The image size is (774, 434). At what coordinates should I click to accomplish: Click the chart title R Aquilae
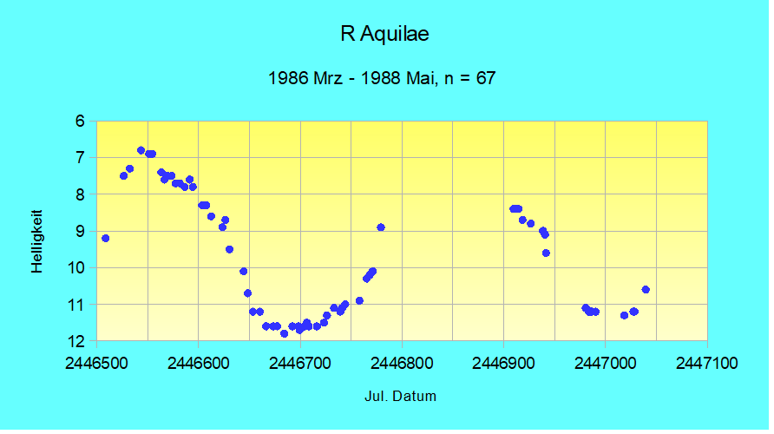(x=385, y=35)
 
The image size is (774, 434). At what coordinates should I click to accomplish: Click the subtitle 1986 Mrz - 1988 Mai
(x=382, y=77)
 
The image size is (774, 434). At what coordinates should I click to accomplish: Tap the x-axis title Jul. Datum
(x=400, y=397)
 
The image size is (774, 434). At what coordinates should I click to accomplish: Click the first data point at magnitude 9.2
(x=105, y=238)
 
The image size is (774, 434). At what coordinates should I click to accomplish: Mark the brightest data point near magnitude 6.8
(x=141, y=150)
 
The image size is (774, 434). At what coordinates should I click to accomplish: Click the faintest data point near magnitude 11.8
(x=284, y=333)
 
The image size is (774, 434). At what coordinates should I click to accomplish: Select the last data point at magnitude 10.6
(x=646, y=289)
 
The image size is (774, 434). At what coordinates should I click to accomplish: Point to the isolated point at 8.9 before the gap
(x=381, y=227)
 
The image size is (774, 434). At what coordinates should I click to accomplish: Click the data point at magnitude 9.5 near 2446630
(x=229, y=249)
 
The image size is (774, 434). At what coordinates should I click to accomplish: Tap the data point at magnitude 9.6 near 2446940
(x=546, y=253)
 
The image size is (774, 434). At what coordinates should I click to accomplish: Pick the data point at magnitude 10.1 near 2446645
(x=244, y=271)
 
